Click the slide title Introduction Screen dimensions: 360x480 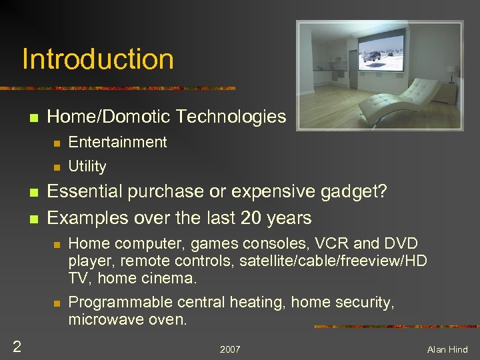pos(98,59)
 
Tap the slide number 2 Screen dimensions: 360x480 pos(17,345)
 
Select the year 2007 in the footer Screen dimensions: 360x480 pos(230,349)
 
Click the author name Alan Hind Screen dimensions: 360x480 pos(447,349)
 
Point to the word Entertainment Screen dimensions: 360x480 pos(117,142)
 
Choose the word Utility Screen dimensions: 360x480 pos(87,166)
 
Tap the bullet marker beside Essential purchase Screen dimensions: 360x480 pos(33,193)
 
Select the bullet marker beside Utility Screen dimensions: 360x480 pos(57,167)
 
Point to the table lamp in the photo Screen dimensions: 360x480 pos(452,71)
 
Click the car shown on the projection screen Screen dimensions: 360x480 pos(373,57)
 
